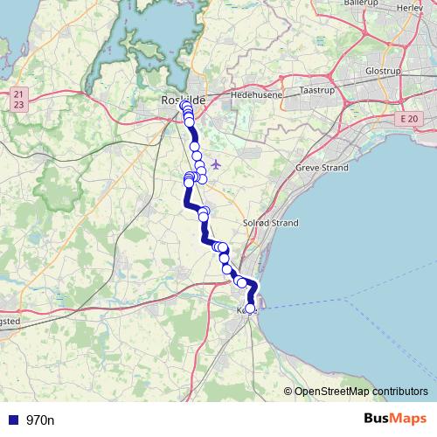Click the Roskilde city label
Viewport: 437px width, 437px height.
coord(183,101)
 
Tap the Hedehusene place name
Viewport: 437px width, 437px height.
coord(253,90)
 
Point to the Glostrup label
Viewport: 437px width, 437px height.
coord(383,70)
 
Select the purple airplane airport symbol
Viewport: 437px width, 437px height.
coord(217,164)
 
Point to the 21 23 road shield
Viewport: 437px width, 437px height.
coord(19,99)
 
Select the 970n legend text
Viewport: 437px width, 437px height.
coord(40,420)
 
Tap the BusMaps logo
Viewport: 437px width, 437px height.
coord(395,419)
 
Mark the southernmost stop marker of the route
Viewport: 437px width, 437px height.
coord(251,308)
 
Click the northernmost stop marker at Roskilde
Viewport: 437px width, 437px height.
coord(184,106)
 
